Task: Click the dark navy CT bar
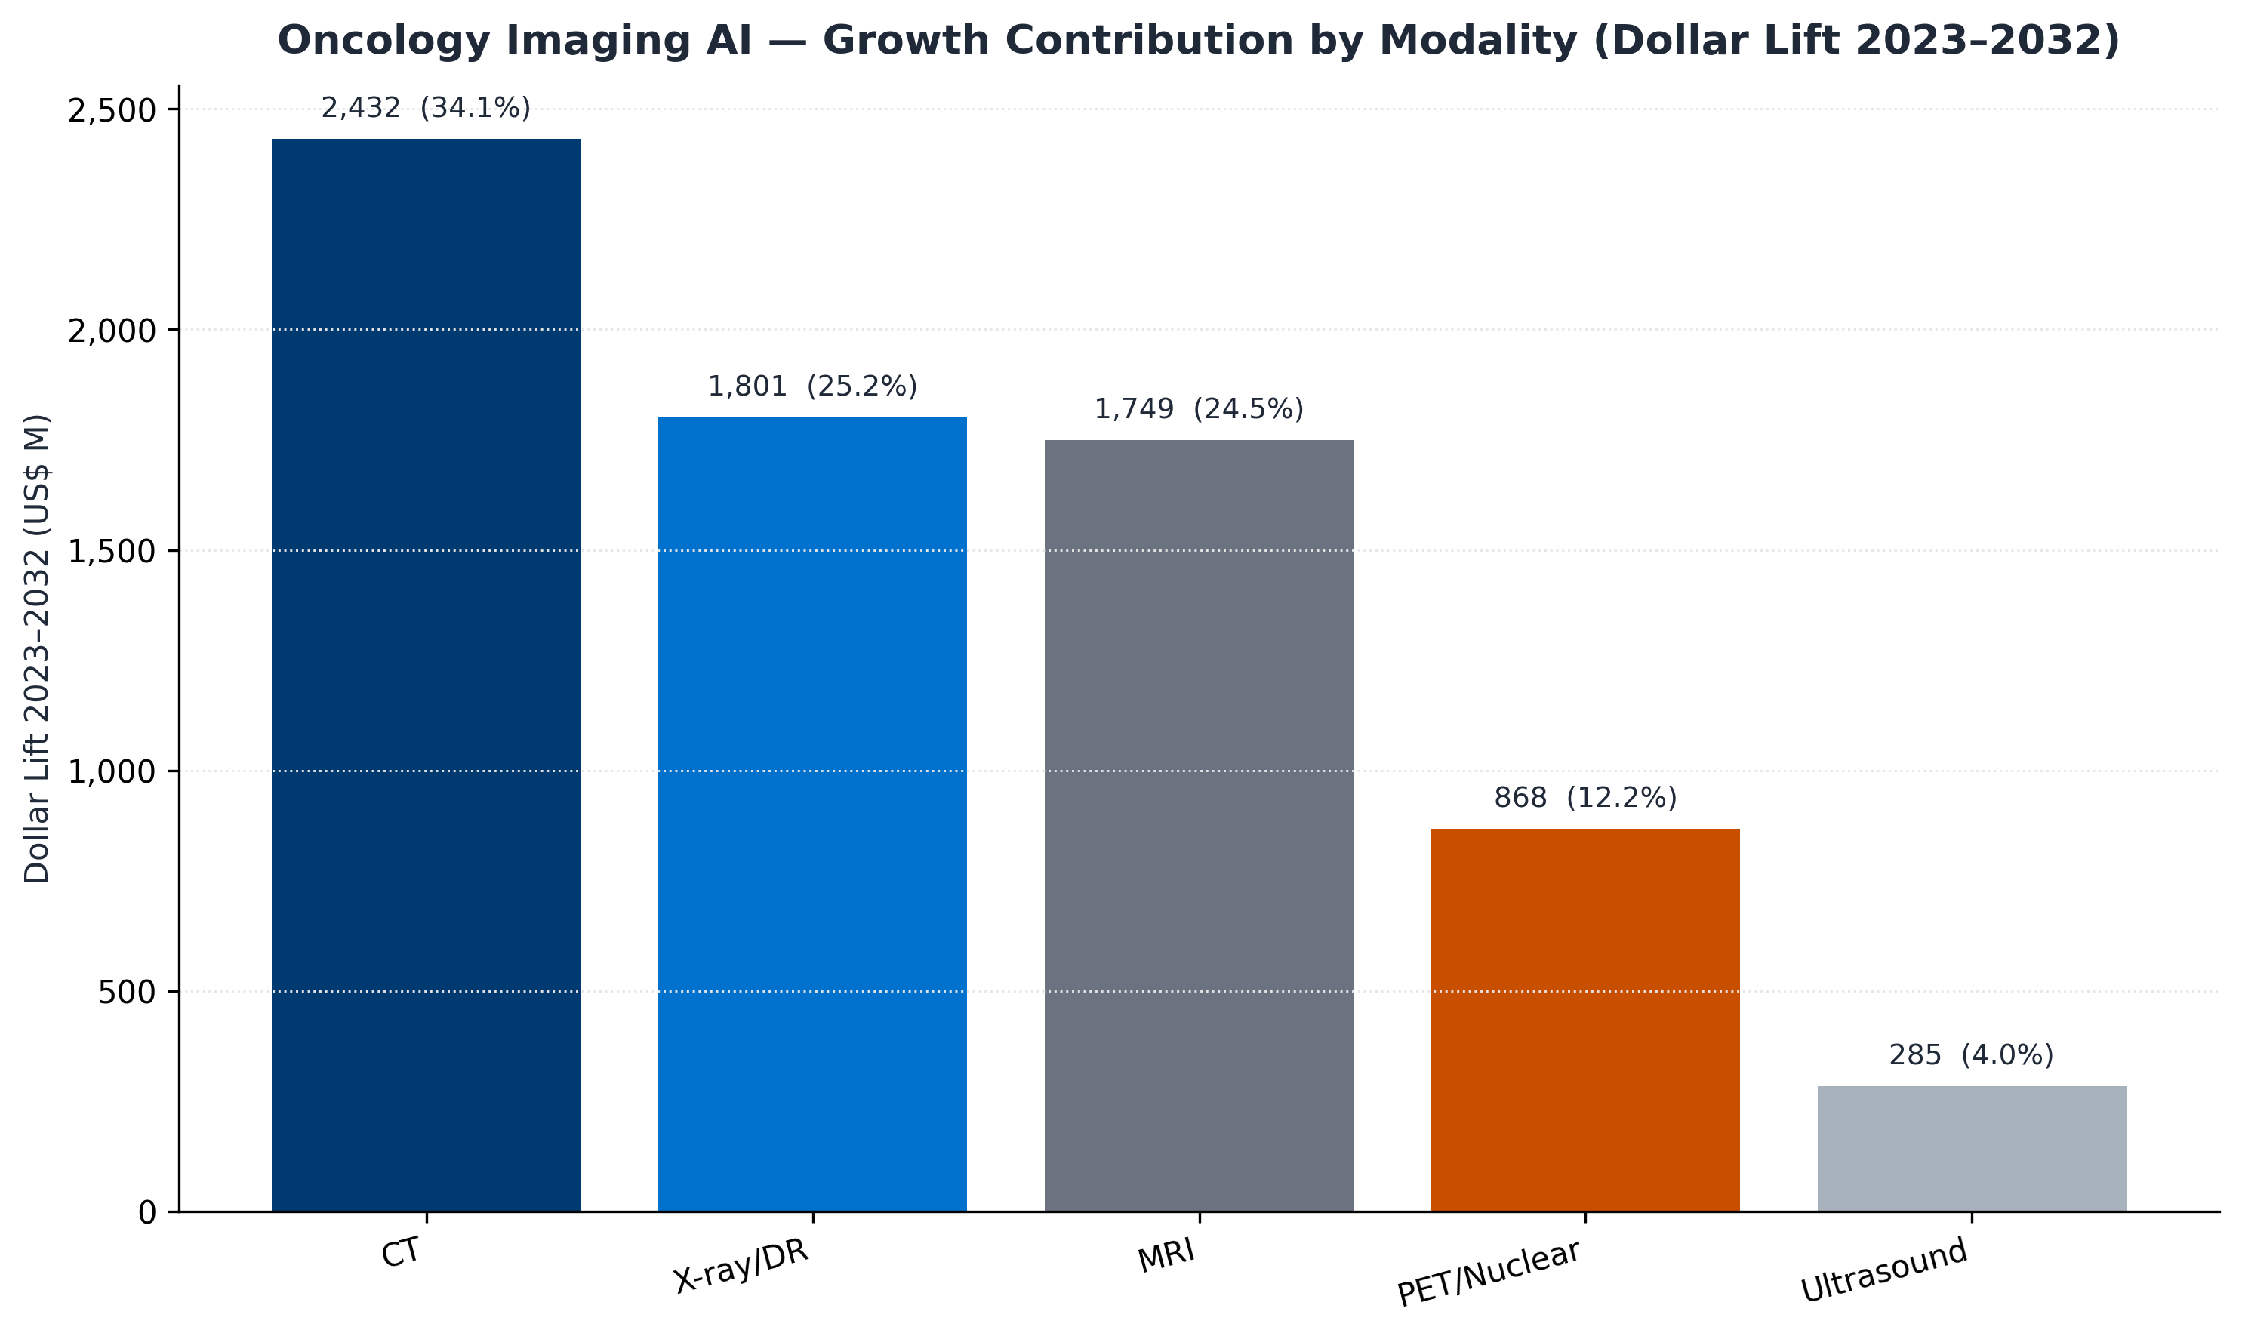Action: [426, 676]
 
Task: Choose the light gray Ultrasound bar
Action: [1972, 1149]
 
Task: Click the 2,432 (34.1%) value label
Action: [426, 109]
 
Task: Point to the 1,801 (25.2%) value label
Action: [812, 387]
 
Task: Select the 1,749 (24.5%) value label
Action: [1199, 410]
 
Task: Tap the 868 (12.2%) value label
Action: [1584, 798]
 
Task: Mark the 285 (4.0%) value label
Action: [1972, 1055]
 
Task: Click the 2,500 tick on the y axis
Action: [112, 110]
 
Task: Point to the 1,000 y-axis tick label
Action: [112, 771]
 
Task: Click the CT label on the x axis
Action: [401, 1253]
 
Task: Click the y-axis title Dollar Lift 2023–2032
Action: [38, 648]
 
